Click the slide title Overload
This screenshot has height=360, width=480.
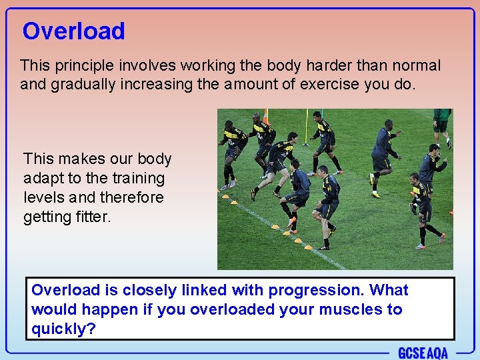73,31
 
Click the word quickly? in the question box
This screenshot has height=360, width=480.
63,329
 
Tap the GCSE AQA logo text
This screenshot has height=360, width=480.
423,353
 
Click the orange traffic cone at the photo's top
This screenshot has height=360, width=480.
265,116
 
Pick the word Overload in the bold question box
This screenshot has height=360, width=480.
65,290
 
